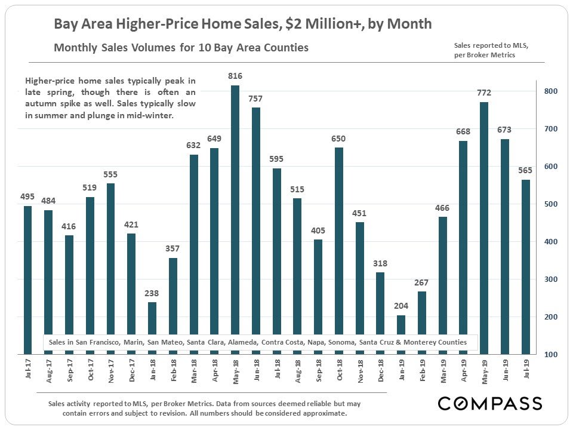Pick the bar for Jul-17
tap(27, 280)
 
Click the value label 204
tap(401, 305)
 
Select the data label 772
tap(484, 93)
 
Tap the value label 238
tap(152, 293)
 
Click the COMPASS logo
tap(489, 403)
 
